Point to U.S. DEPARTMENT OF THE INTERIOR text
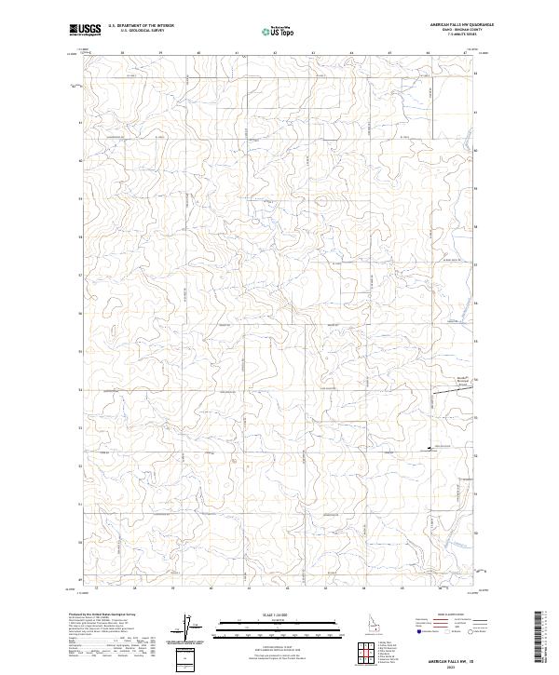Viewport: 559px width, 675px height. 142,26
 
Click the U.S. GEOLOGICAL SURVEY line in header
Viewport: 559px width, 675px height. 142,32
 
